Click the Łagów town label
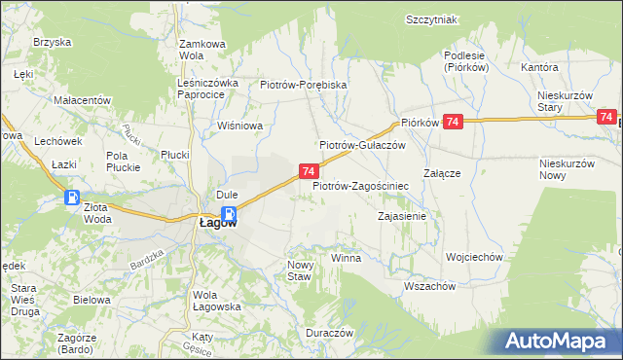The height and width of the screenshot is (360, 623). [x=204, y=222]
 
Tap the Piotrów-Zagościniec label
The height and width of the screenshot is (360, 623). [x=360, y=184]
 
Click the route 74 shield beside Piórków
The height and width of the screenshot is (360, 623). [x=452, y=122]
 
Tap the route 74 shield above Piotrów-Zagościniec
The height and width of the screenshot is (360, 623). [x=308, y=171]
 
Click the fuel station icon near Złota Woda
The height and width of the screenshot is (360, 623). [x=72, y=198]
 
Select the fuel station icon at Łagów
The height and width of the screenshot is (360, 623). [x=229, y=213]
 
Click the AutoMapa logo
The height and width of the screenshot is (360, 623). [x=560, y=342]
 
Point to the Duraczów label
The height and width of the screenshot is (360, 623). [x=328, y=332]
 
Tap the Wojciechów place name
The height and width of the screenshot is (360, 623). [x=473, y=257]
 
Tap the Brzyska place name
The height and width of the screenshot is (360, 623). [x=53, y=42]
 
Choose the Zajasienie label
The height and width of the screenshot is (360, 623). [x=402, y=216]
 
